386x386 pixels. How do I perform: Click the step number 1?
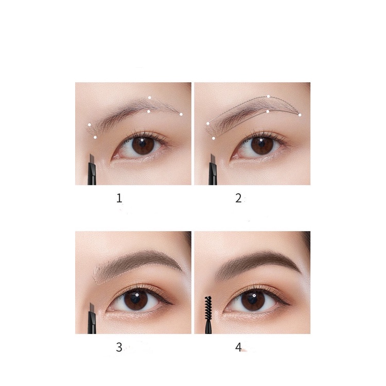(x=119, y=198)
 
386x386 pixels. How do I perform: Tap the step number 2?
(x=238, y=198)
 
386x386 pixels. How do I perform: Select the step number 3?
(x=119, y=347)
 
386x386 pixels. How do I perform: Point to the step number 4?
(x=238, y=347)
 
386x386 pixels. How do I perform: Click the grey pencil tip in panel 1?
(x=92, y=159)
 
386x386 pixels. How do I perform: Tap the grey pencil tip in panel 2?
(x=213, y=159)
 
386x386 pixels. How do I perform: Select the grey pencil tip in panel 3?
(x=92, y=308)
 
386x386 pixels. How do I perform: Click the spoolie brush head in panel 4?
(x=208, y=304)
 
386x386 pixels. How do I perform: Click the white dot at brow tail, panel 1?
(x=181, y=114)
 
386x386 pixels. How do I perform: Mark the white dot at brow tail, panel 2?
(x=300, y=115)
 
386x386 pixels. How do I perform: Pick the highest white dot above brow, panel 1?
(x=149, y=97)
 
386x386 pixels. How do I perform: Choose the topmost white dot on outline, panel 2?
(x=268, y=96)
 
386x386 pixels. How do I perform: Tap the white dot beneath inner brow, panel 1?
(x=95, y=137)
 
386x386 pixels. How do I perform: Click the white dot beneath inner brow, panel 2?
(x=214, y=138)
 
